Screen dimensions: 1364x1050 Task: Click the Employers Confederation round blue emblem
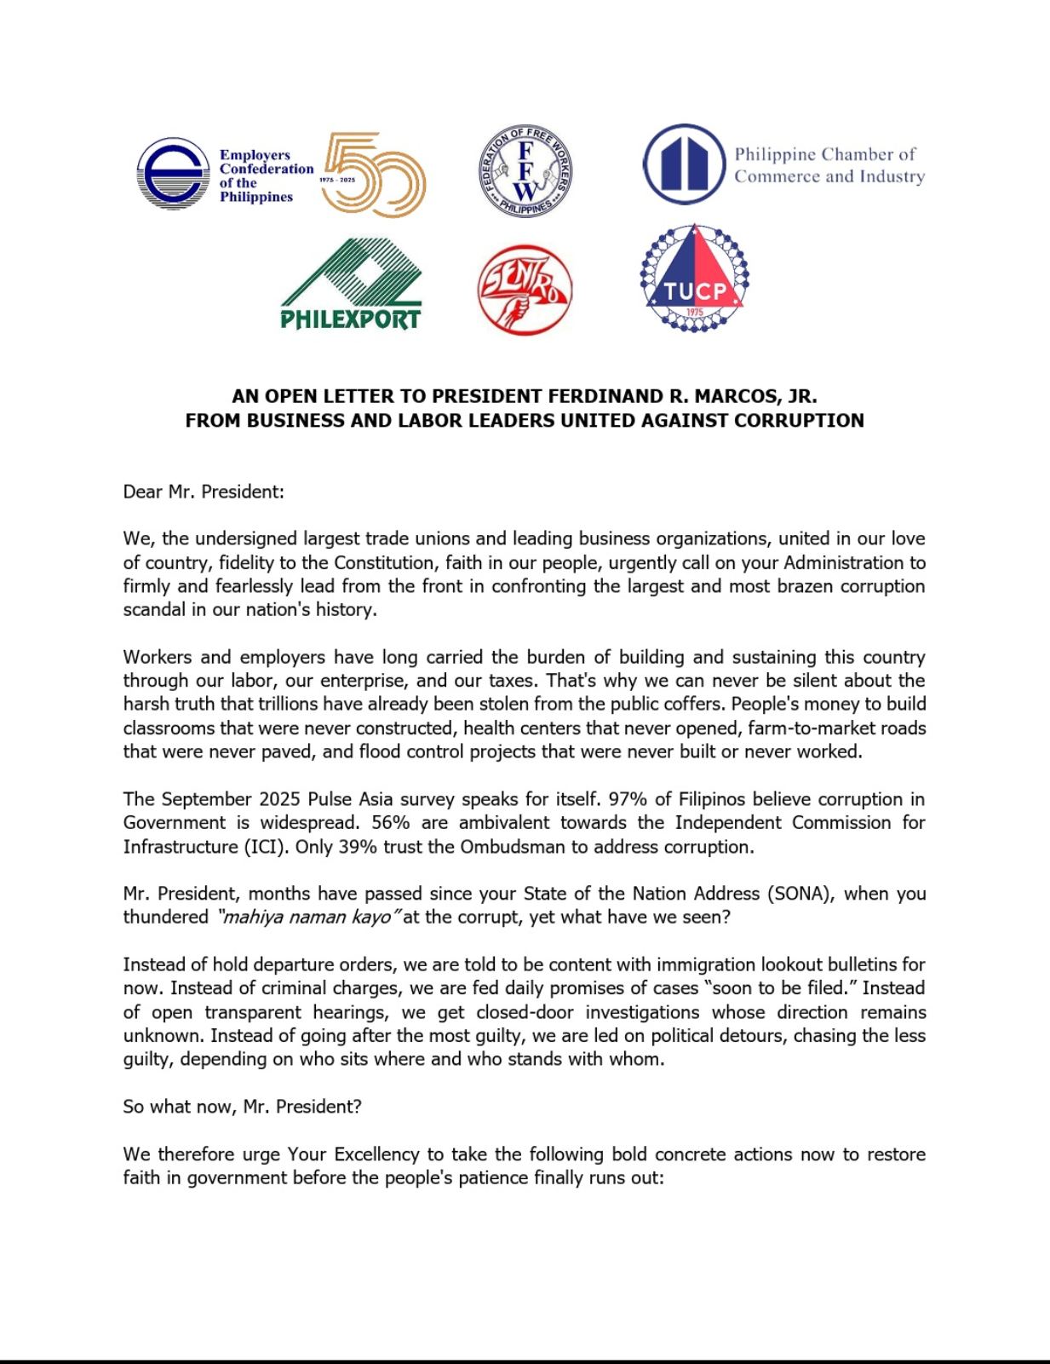(x=173, y=174)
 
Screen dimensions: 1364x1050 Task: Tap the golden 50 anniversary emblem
(x=374, y=174)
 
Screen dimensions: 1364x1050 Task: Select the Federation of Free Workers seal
(x=525, y=171)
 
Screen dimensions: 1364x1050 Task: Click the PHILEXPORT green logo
(x=351, y=284)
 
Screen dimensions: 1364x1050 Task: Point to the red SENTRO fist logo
(x=524, y=290)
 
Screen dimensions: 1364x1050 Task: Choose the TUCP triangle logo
(x=694, y=279)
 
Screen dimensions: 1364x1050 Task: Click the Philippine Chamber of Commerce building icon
(x=683, y=164)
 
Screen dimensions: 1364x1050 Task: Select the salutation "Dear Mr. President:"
(x=204, y=492)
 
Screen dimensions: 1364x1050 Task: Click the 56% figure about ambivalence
(x=392, y=823)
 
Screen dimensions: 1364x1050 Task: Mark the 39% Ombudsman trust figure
(x=356, y=847)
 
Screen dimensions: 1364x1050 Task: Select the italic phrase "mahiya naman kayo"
(x=307, y=918)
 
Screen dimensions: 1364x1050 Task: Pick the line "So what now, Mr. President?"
(x=242, y=1107)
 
